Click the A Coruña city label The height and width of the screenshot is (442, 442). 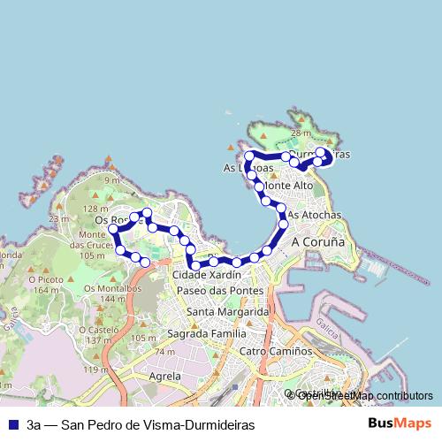click(x=316, y=242)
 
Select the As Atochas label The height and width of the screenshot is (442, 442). click(x=315, y=215)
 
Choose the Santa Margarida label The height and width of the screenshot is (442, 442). click(x=227, y=312)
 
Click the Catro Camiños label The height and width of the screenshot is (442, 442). click(x=276, y=351)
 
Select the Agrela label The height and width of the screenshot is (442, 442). click(x=165, y=376)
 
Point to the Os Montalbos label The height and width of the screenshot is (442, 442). click(x=112, y=289)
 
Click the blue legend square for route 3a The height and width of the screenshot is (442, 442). click(x=12, y=425)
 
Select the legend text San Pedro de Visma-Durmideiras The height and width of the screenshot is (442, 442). click(x=141, y=425)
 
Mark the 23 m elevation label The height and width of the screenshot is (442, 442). click(x=58, y=218)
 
